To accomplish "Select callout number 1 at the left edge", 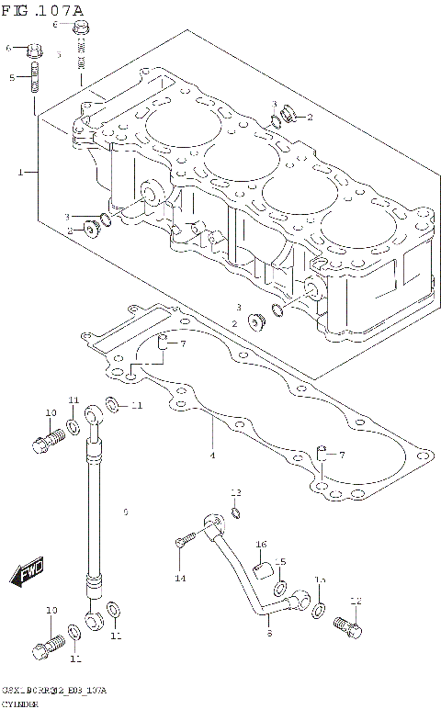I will click(x=19, y=172).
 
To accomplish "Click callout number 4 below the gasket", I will click(x=211, y=456).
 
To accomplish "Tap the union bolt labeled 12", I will click(x=347, y=627).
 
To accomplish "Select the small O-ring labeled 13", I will click(x=235, y=512).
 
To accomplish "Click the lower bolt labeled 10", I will click(x=41, y=647).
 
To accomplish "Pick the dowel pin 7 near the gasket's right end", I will click(x=320, y=451).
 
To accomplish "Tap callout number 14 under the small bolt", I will click(x=180, y=578).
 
